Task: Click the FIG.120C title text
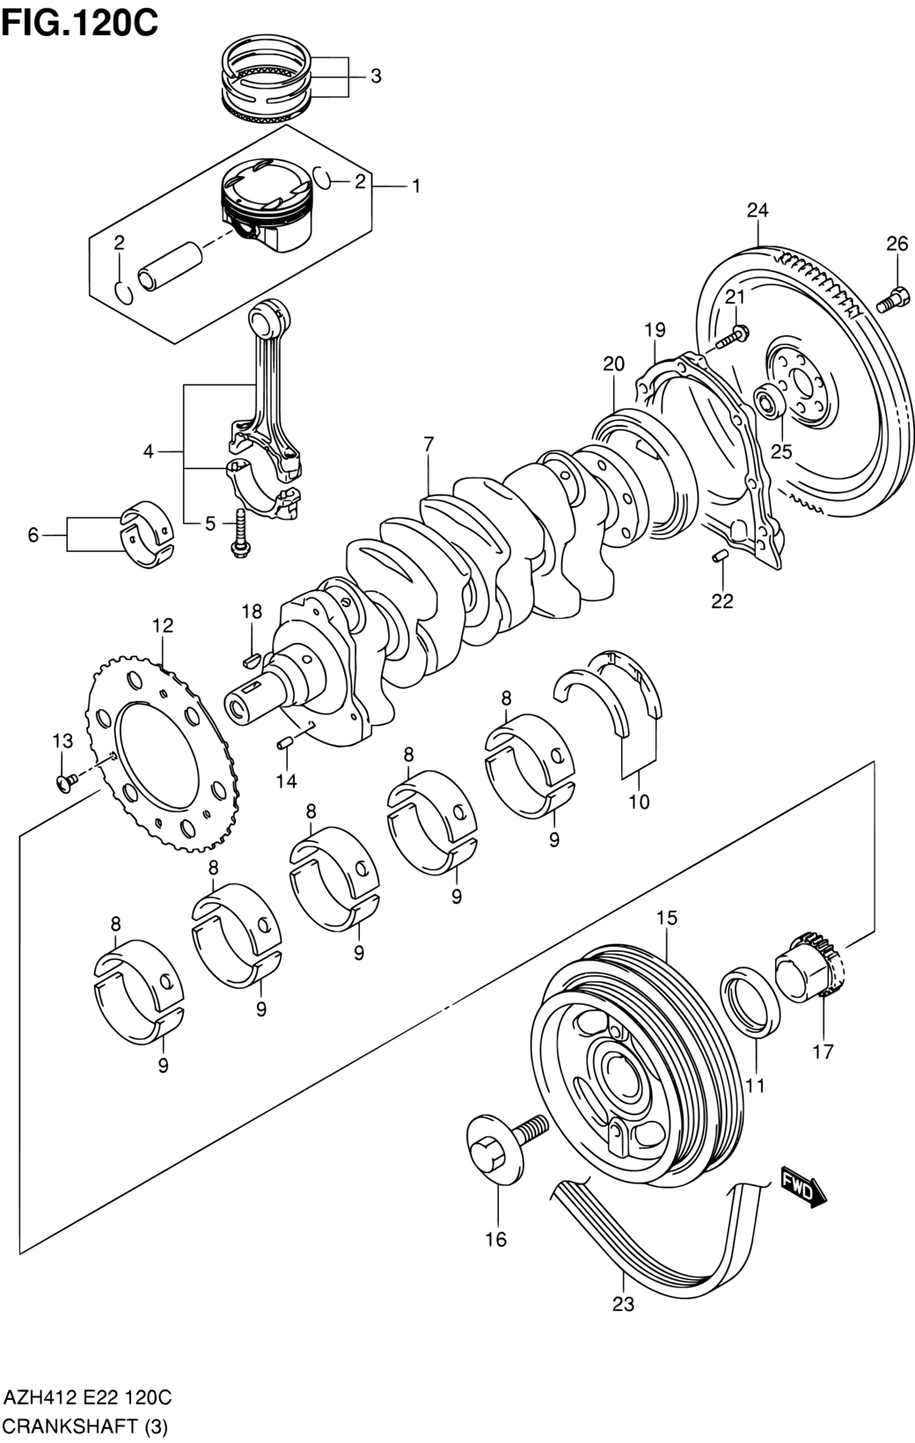[x=80, y=22]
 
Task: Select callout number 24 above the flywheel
[x=758, y=210]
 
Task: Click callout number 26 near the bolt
[x=897, y=245]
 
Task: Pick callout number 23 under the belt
[x=623, y=1304]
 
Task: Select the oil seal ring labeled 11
[x=750, y=999]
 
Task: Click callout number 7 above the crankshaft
[x=428, y=444]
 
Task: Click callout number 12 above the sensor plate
[x=163, y=626]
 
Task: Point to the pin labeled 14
[x=284, y=744]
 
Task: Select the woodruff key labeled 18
[x=249, y=656]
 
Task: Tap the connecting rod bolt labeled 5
[x=239, y=534]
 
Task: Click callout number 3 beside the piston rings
[x=376, y=77]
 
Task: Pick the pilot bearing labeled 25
[x=769, y=402]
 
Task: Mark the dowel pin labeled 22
[x=719, y=555]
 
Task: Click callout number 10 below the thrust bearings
[x=639, y=802]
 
